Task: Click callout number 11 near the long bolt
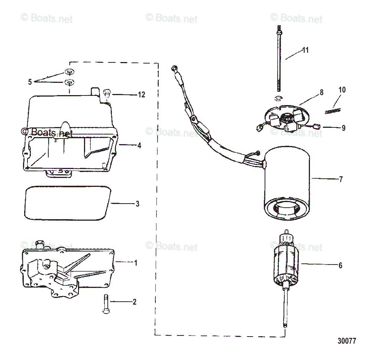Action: [x=305, y=50]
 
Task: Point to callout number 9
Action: [x=343, y=128]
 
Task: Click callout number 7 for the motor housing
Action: [x=341, y=179]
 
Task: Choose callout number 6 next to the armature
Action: [x=340, y=266]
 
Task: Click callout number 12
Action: [x=141, y=95]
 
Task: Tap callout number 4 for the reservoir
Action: [x=139, y=146]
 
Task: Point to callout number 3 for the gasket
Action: [x=137, y=204]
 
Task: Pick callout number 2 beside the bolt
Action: [x=134, y=302]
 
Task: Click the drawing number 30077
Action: [x=347, y=341]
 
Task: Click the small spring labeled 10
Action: [x=332, y=111]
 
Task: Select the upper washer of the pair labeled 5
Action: [x=69, y=72]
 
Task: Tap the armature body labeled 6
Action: [x=287, y=262]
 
